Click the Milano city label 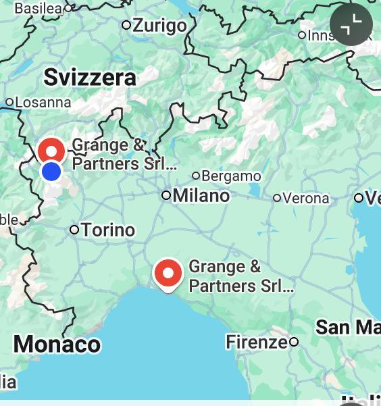coord(201,196)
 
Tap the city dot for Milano coord(166,195)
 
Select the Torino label coord(109,230)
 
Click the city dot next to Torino coord(75,230)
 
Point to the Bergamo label coord(231,176)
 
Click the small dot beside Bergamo coord(196,176)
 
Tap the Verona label coord(306,198)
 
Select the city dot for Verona coord(277,198)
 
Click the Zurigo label coord(159,26)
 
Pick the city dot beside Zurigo coord(126,25)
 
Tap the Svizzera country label coord(90,77)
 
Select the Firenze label coord(256,342)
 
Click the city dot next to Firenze coord(294,342)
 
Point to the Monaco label coord(57,344)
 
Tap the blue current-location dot coord(51,172)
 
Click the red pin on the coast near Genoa coord(168,273)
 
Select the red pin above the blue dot coord(51,149)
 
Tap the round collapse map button coord(351,24)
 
